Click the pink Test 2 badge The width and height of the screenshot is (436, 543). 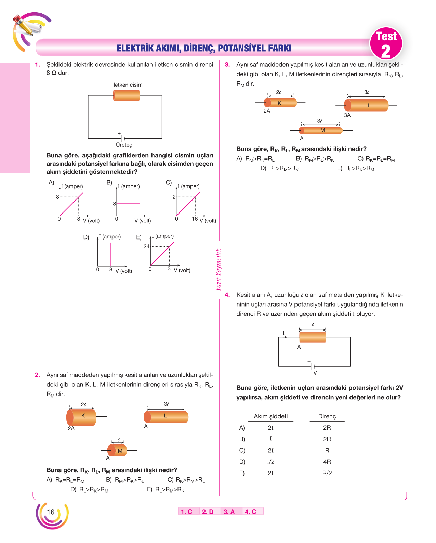[x=386, y=43]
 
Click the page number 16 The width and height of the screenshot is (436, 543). [x=51, y=512]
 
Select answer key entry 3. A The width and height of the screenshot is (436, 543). [x=229, y=512]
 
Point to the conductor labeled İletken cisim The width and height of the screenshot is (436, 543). [x=126, y=95]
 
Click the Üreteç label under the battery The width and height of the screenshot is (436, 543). [x=124, y=145]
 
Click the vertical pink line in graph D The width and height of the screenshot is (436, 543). [x=111, y=254]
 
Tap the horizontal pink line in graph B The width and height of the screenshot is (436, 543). [x=128, y=203]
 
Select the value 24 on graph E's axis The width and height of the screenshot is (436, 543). [x=146, y=246]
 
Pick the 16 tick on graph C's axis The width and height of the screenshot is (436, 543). [x=195, y=219]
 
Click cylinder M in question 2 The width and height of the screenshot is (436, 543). [x=117, y=450]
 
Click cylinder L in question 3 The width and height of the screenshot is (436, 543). [x=366, y=105]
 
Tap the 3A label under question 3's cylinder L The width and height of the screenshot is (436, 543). [x=347, y=115]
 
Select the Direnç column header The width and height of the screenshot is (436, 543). [x=327, y=416]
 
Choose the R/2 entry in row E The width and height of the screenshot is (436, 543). [x=327, y=473]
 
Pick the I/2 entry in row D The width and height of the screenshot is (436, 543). [x=270, y=462]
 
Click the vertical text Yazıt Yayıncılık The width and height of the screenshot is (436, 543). [x=219, y=270]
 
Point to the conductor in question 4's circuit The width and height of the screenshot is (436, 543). [x=312, y=337]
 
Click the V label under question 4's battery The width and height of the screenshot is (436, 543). [x=315, y=373]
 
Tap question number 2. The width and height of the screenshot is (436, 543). [x=37, y=375]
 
